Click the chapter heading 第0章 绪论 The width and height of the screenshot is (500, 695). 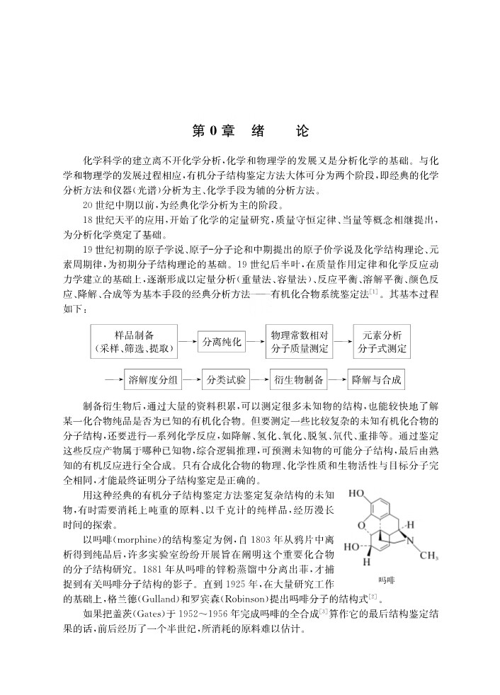tap(250, 131)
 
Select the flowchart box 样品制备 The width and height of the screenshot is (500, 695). tap(135, 342)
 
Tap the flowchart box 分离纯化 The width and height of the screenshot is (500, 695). tap(222, 342)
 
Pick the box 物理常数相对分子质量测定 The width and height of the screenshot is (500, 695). tap(300, 342)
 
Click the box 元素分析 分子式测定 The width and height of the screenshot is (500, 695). tap(382, 342)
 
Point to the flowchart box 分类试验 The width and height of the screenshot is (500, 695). tap(226, 379)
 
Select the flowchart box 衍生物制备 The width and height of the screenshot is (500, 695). tap(299, 379)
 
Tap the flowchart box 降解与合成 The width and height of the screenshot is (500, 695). tap(376, 379)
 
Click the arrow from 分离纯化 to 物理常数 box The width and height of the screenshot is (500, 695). tap(255, 342)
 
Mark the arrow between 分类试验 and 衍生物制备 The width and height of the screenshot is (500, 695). tap(260, 379)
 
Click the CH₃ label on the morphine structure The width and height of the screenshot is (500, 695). tap(428, 555)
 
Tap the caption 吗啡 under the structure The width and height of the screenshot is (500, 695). tap(387, 580)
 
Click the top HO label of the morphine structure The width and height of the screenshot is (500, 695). tap(356, 494)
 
